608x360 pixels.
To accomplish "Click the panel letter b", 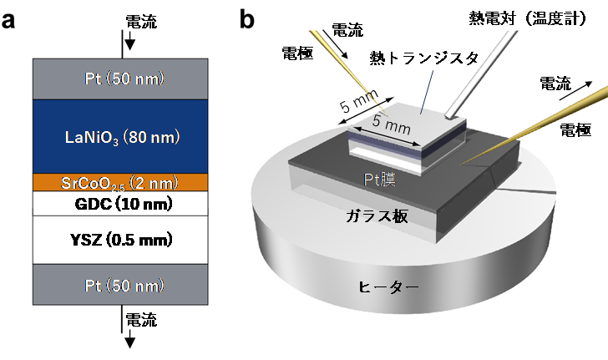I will point(248,18).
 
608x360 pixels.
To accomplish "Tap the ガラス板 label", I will point(377,216).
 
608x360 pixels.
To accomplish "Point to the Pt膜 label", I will point(380,178).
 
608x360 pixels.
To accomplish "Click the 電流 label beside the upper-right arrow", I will point(555,83).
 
